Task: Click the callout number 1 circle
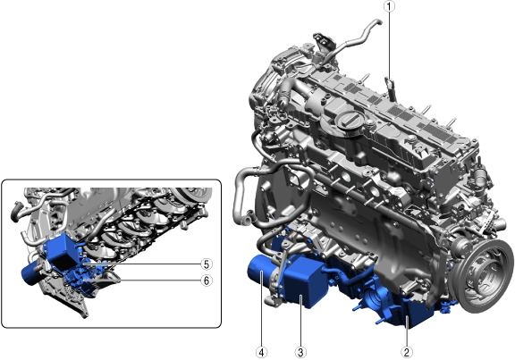(x=389, y=6)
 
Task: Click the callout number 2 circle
(x=407, y=353)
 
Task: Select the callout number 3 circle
(x=300, y=353)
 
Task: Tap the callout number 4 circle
(x=261, y=353)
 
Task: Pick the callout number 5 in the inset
(x=207, y=264)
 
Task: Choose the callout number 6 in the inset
(x=207, y=280)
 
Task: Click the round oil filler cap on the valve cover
(x=349, y=120)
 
